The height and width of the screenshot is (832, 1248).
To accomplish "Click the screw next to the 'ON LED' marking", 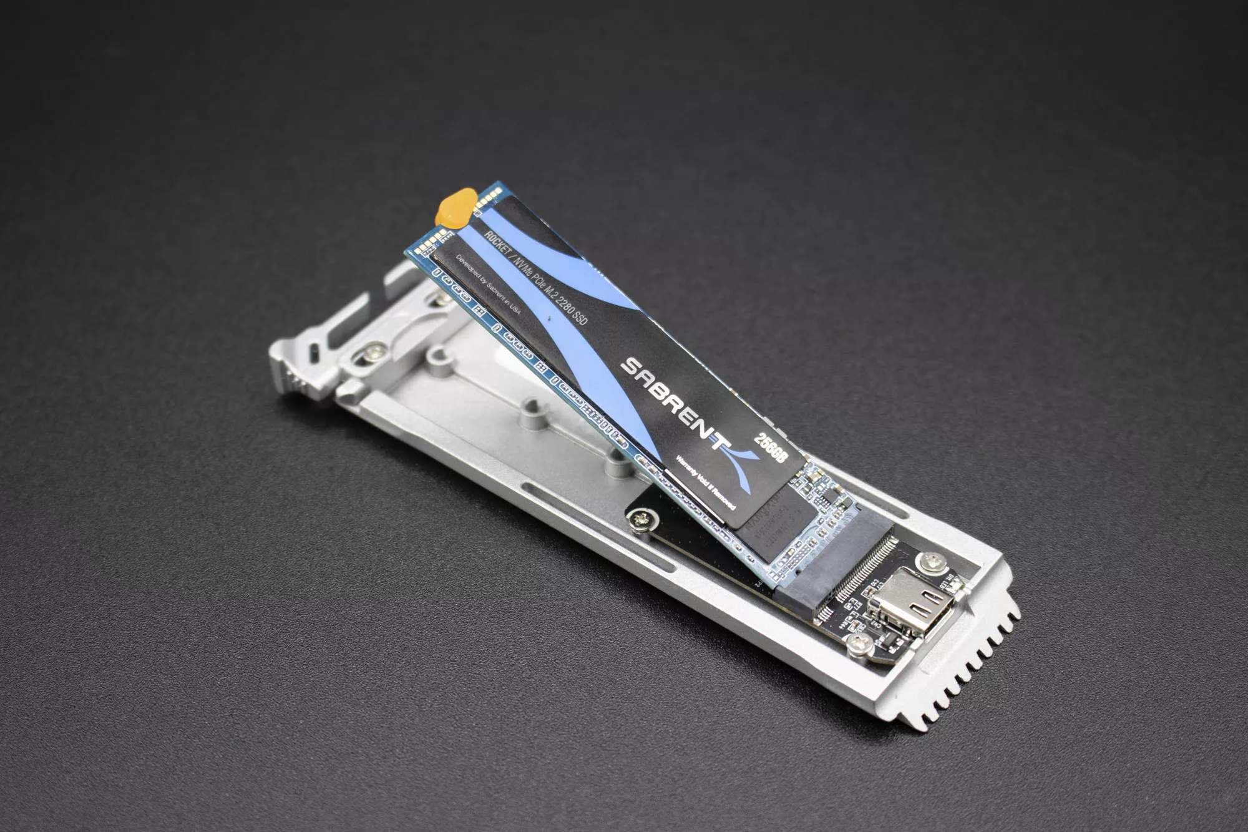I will coord(934,563).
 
